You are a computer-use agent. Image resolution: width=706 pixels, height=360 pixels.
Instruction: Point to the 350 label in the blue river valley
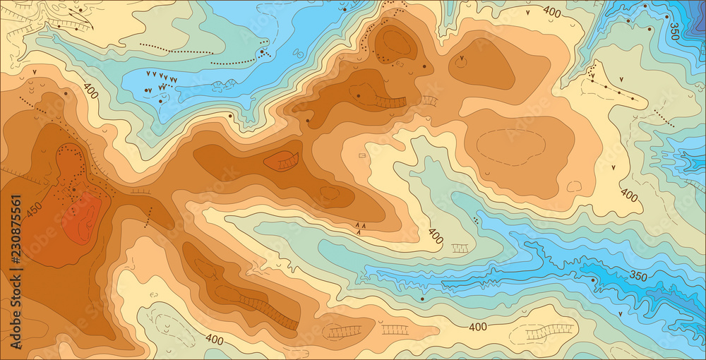pyautogui.click(x=638, y=275)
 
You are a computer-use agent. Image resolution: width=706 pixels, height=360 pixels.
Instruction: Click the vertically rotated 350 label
pyautogui.click(x=674, y=31)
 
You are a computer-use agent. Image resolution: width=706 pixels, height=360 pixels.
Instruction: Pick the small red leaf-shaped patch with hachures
pyautogui.click(x=282, y=162)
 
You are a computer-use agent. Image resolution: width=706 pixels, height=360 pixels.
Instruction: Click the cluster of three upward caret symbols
pyautogui.click(x=360, y=227)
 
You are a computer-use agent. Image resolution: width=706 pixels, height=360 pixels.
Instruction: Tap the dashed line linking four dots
pyautogui.click(x=618, y=92)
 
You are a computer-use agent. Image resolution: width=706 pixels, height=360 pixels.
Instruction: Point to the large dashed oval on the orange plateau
pyautogui.click(x=510, y=147)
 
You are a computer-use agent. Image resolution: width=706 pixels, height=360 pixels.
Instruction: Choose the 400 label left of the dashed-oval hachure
pyautogui.click(x=478, y=326)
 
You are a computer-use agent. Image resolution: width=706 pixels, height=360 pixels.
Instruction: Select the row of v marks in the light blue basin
pyautogui.click(x=161, y=76)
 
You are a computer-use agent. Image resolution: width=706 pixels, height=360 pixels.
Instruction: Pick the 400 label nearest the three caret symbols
pyautogui.click(x=436, y=236)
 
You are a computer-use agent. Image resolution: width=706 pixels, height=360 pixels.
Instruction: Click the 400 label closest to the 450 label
pyautogui.click(x=90, y=90)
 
